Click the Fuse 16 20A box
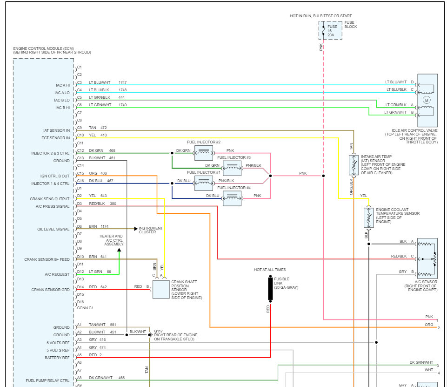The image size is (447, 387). point(330,30)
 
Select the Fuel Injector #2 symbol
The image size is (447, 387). point(203,152)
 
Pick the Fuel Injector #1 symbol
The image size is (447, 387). point(203,183)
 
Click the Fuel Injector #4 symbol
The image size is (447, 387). point(232,198)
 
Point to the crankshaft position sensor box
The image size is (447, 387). point(161,289)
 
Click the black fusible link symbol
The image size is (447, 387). point(270,289)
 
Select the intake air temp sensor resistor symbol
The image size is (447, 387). point(353,165)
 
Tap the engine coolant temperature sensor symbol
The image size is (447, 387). point(368,217)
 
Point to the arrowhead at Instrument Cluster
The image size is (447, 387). point(136,229)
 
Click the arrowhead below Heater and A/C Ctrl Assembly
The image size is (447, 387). point(119,250)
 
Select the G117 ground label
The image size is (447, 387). point(159,332)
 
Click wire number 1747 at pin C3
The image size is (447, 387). point(122,82)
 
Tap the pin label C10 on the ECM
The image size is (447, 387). point(80,135)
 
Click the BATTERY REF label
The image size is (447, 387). point(57,358)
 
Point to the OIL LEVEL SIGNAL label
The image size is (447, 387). point(53,229)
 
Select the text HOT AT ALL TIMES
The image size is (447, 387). point(270,270)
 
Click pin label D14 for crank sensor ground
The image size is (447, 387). point(80,287)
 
